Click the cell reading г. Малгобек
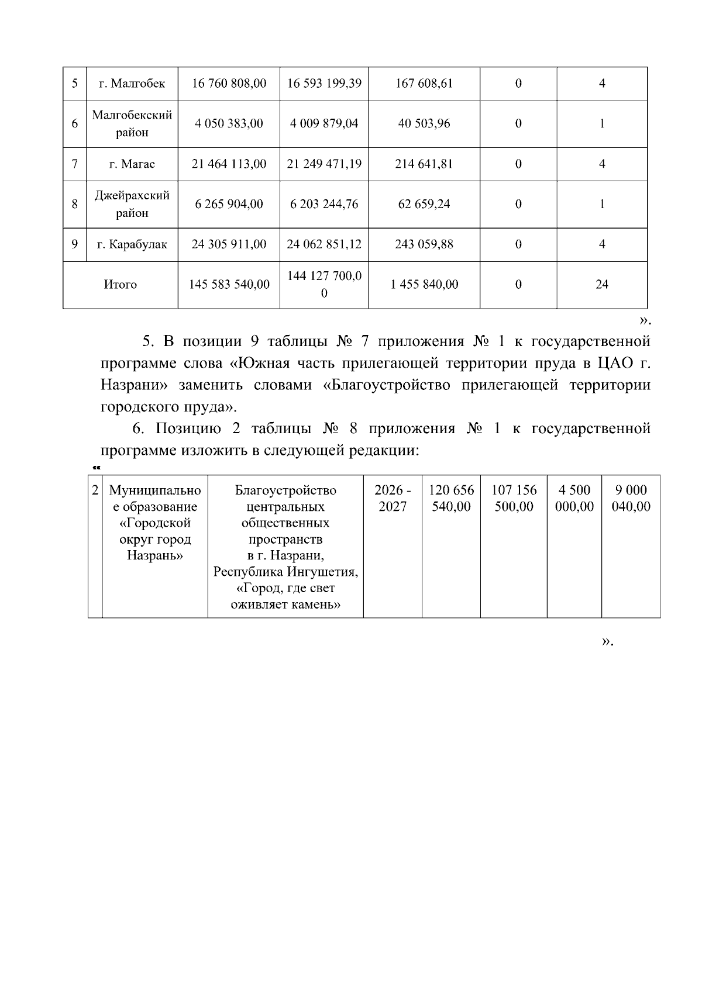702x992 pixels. click(132, 84)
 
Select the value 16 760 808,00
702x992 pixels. click(229, 84)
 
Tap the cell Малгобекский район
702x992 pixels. click(132, 123)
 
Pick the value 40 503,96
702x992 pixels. click(424, 123)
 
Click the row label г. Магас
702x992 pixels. click(132, 164)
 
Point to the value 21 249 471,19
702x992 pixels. click(324, 164)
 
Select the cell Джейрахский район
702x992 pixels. click(132, 204)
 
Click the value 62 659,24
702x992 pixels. click(424, 204)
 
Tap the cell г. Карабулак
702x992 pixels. click(132, 244)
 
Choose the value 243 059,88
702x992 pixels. click(424, 244)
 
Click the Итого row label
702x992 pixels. click(120, 285)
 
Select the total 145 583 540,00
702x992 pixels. click(229, 285)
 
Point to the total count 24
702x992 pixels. click(601, 285)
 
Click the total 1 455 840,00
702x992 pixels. click(424, 285)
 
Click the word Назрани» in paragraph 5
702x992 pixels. click(135, 385)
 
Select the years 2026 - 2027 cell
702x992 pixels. click(392, 498)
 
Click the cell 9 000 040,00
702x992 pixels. click(630, 498)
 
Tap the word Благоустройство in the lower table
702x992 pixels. click(285, 490)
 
